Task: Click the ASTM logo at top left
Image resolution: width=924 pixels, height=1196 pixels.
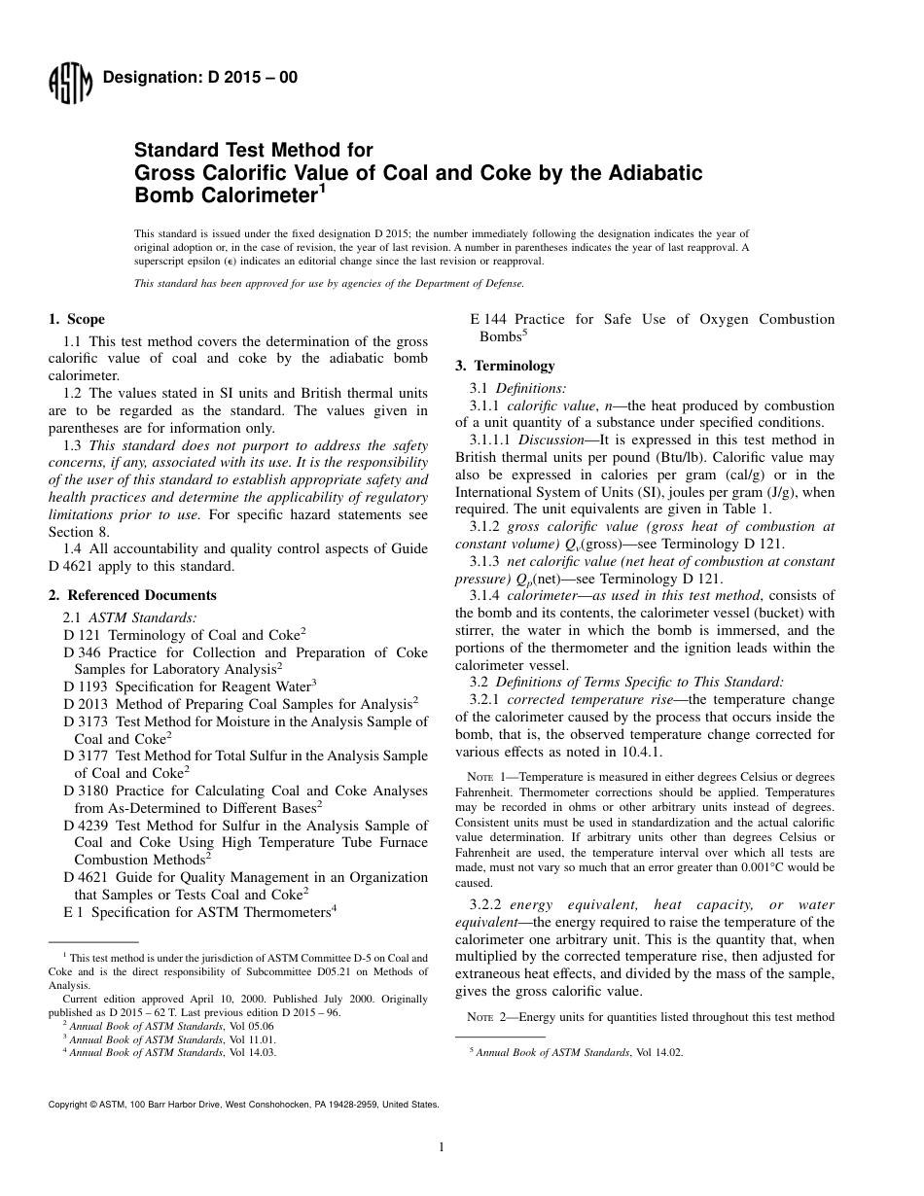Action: click(x=69, y=83)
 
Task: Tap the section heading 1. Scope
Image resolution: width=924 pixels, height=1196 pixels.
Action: click(x=77, y=319)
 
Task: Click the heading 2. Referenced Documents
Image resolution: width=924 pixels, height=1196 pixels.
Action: click(x=132, y=595)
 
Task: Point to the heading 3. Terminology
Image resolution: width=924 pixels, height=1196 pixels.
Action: click(x=506, y=366)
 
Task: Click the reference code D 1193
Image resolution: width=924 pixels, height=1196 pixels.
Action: click(x=89, y=685)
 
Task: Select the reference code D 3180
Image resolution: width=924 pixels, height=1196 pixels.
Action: click(x=89, y=791)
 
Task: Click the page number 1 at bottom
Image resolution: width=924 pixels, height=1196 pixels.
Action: click(x=442, y=1147)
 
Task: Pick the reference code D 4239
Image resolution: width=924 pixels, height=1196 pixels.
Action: click(x=89, y=825)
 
